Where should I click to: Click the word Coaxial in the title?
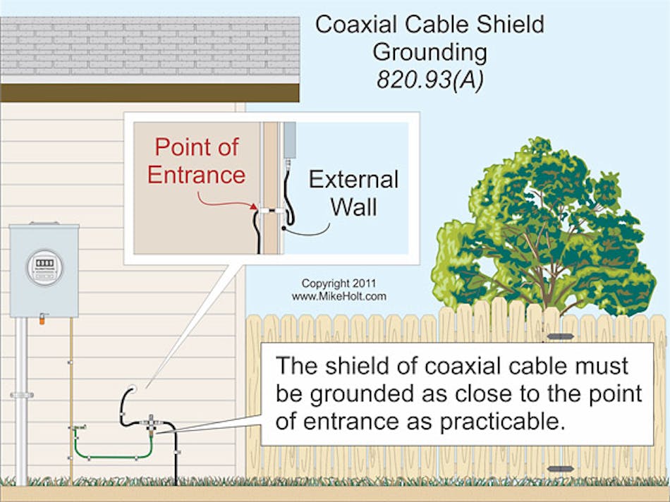click(x=357, y=24)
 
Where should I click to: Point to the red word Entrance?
click(x=197, y=173)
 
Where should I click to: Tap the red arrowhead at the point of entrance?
click(x=255, y=207)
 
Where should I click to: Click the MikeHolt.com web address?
click(x=339, y=297)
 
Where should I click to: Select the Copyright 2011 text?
click(x=339, y=283)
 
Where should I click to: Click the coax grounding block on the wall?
click(x=151, y=422)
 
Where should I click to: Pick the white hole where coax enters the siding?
click(x=132, y=388)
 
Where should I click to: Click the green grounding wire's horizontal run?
click(x=113, y=456)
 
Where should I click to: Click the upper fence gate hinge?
click(x=559, y=336)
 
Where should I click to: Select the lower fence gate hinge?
click(x=559, y=468)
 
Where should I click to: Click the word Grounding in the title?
click(x=430, y=51)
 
